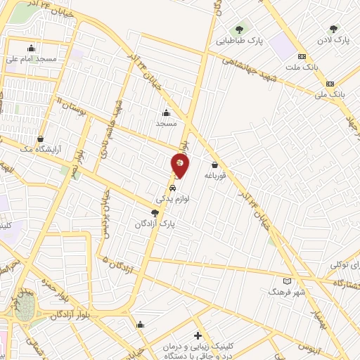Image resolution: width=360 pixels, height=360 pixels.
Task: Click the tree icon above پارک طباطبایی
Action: (x=239, y=30)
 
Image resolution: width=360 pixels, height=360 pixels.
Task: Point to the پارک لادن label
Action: (x=333, y=40)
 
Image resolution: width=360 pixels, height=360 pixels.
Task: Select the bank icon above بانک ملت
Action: (x=302, y=56)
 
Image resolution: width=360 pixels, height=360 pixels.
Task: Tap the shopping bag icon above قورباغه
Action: (x=214, y=165)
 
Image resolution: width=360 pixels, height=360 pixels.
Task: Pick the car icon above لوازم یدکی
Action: (x=173, y=188)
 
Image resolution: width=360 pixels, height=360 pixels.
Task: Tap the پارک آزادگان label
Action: (x=155, y=223)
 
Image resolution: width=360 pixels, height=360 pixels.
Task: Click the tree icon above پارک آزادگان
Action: (x=155, y=212)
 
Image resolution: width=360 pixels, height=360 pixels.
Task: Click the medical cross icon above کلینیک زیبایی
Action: (x=198, y=335)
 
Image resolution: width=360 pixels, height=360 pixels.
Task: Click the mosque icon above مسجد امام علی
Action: (x=31, y=49)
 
